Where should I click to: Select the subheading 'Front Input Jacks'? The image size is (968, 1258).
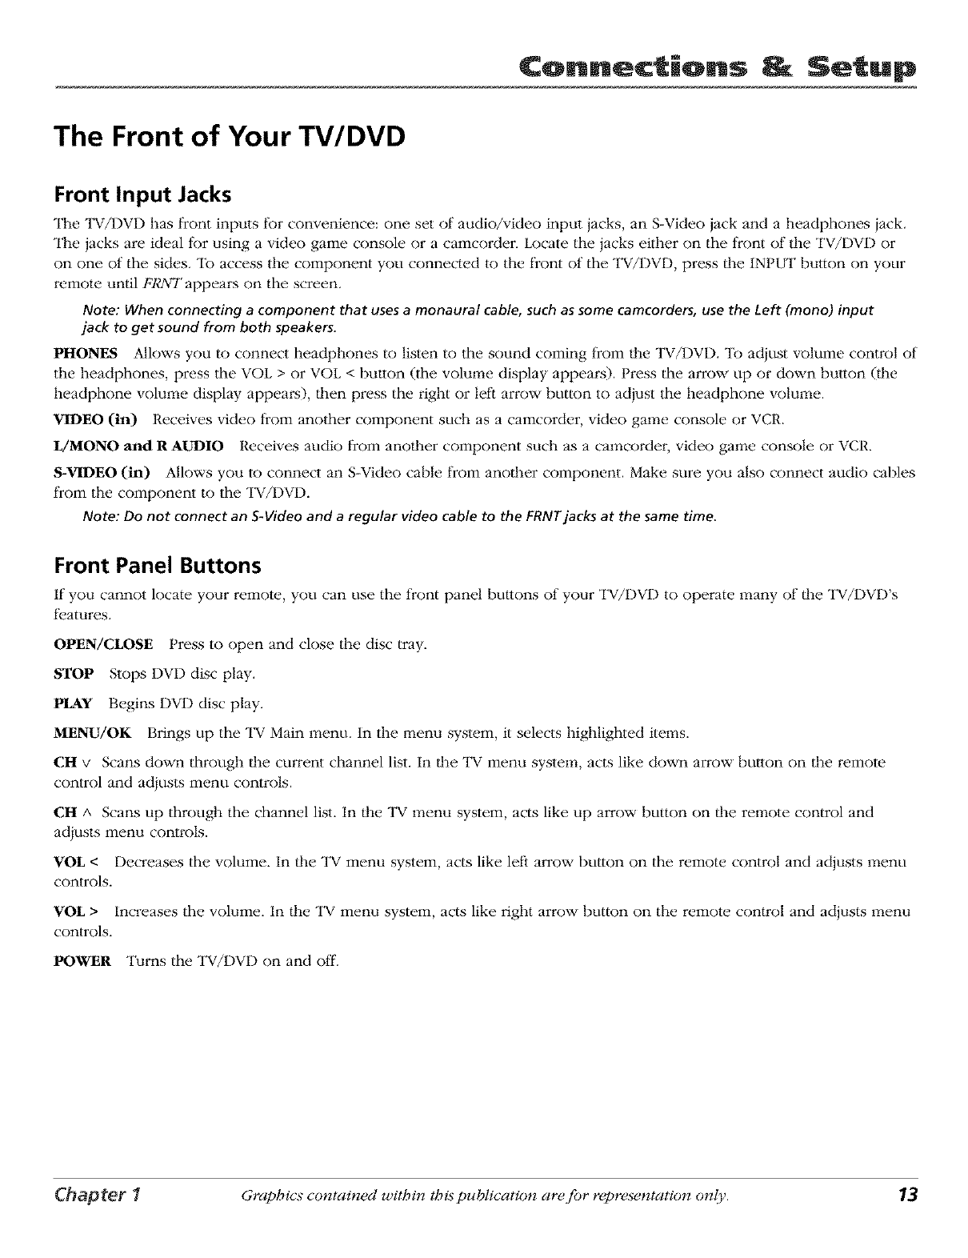[143, 195]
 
